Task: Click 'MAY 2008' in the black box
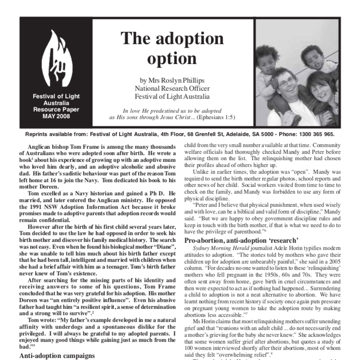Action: [x=56, y=116]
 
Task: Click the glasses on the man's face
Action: [x=282, y=80]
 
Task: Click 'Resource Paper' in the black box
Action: [x=56, y=110]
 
